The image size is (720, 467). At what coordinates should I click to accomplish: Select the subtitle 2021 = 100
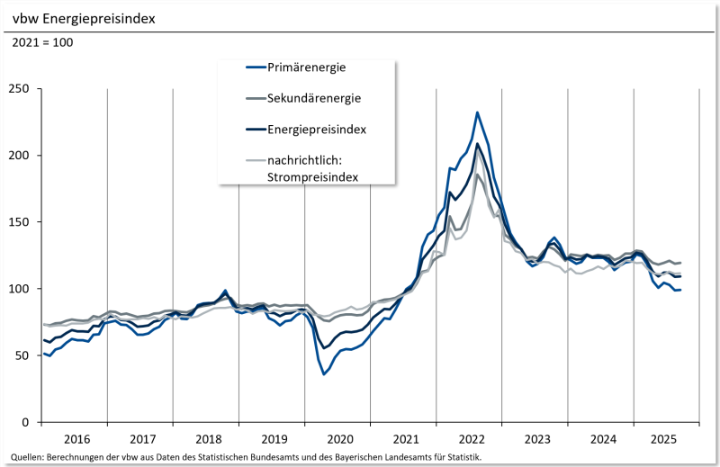click(42, 42)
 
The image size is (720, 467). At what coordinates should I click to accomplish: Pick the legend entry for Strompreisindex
click(313, 169)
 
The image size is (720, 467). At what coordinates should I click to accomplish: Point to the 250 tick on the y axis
click(19, 88)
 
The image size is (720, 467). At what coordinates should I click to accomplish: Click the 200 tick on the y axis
click(19, 155)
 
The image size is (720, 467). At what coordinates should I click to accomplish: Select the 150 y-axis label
click(19, 221)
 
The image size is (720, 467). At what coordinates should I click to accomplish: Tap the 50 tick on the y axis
click(22, 355)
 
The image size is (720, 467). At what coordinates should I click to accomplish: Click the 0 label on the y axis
click(26, 422)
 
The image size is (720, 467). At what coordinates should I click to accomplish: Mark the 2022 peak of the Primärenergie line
click(477, 112)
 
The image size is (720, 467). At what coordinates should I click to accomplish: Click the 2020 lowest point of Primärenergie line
click(324, 373)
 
